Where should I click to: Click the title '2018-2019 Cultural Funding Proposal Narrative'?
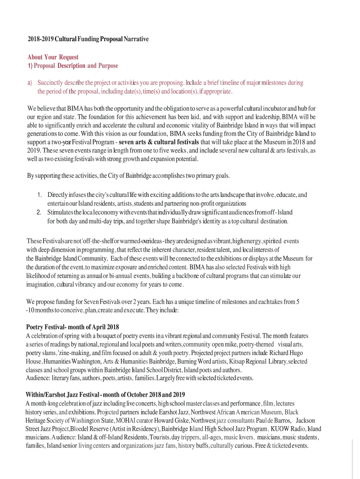(x=87, y=39)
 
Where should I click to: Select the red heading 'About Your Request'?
(x=52, y=58)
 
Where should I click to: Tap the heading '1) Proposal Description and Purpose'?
(x=72, y=66)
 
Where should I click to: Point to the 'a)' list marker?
(x=29, y=83)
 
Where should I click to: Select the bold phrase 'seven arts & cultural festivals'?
(x=159, y=142)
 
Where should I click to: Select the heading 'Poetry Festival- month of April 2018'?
(x=72, y=327)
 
